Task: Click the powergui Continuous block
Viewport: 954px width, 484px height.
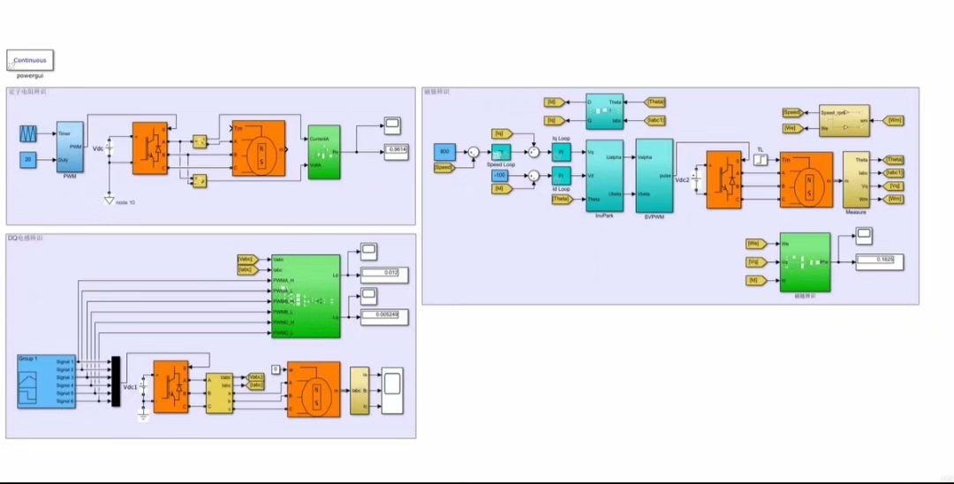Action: coord(30,60)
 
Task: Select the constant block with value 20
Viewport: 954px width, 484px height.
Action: coord(28,159)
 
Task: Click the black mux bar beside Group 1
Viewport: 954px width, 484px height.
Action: coord(116,382)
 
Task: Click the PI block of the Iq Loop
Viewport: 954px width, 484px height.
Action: coord(561,152)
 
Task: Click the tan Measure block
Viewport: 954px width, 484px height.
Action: coord(856,180)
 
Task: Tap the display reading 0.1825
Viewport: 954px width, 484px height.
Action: coord(881,260)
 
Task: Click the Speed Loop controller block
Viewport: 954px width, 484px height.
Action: coord(501,152)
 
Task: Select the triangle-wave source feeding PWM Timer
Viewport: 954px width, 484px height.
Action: coord(28,133)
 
